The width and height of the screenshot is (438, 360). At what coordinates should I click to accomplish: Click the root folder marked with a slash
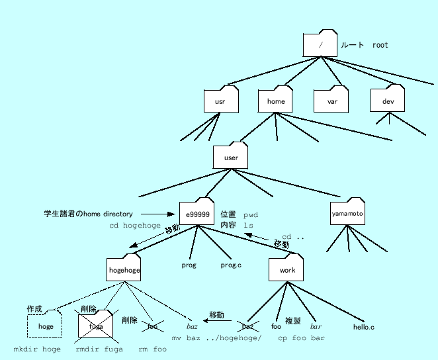pos(320,44)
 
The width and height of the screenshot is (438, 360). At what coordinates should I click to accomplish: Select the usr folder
pos(220,101)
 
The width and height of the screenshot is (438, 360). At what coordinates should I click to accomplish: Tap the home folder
pos(276,101)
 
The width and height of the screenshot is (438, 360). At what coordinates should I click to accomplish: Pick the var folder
pos(331,101)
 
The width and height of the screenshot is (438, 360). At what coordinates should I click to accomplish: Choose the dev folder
pos(388,101)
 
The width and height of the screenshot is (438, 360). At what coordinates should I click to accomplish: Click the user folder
pos(231,157)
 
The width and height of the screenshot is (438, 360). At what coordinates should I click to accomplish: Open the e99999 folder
pos(197,213)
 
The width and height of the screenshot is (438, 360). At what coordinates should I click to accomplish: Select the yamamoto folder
pos(347,213)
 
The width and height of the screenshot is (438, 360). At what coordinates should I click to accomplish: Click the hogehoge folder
pos(124,269)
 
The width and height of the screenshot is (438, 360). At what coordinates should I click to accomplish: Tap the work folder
pos(286,269)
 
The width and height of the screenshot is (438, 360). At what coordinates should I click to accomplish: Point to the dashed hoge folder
pos(45,326)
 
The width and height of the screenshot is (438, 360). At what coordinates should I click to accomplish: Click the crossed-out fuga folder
pos(97,326)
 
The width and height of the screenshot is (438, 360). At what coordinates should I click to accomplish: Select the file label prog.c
pos(231,265)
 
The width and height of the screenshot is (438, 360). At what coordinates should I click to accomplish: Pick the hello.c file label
pos(363,327)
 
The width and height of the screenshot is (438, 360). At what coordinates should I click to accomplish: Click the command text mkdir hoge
pos(37,349)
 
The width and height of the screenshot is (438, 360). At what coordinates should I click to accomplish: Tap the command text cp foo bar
pos(301,337)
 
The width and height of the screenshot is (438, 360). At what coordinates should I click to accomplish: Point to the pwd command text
pos(251,215)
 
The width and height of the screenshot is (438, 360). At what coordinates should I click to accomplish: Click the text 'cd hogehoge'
pos(135,226)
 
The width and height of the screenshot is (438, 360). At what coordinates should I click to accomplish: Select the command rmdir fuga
pos(99,349)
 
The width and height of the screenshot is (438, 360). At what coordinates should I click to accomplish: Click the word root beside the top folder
pos(380,45)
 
